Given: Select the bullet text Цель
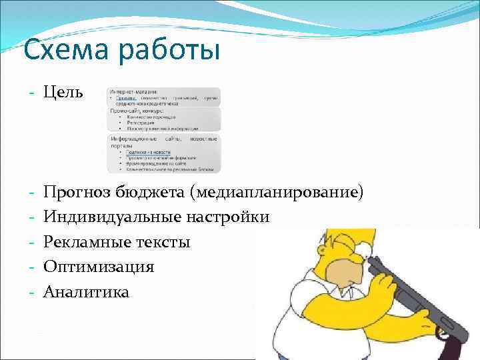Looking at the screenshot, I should click(x=63, y=91).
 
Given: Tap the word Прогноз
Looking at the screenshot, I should click(x=76, y=193).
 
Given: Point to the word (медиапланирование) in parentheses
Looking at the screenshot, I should click(x=277, y=193).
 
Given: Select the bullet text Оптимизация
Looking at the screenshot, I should click(x=99, y=267).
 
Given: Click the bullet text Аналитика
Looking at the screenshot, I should click(x=87, y=291).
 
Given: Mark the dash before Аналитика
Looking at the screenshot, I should click(x=31, y=291).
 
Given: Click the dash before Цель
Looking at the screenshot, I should click(x=31, y=91).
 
